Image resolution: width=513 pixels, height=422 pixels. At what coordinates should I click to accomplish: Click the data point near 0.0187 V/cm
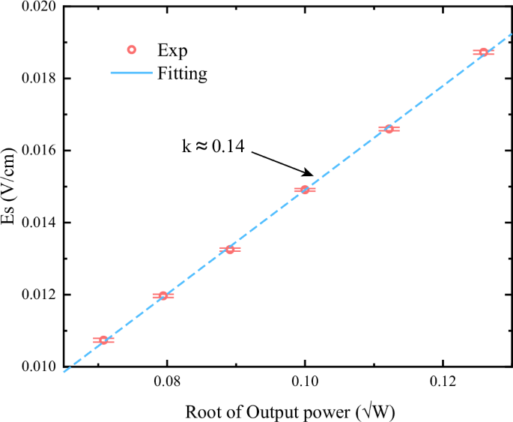tap(483, 52)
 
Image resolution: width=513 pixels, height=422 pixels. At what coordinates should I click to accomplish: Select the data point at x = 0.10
tap(305, 190)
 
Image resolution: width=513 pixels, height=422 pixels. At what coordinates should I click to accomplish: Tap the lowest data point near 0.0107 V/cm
tap(103, 340)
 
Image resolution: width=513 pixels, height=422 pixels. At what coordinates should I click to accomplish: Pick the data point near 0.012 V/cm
tap(163, 296)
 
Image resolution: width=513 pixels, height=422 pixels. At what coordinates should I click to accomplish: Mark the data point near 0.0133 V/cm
tap(230, 249)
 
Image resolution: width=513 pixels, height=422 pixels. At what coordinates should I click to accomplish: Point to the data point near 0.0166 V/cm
tap(389, 129)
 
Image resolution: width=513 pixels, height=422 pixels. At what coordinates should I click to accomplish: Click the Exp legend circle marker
tap(131, 50)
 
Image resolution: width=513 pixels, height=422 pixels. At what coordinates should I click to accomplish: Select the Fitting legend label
tap(182, 74)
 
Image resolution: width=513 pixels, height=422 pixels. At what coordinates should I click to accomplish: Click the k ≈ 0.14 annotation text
tap(213, 147)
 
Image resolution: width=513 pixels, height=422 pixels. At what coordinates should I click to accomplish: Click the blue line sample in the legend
tap(131, 74)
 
